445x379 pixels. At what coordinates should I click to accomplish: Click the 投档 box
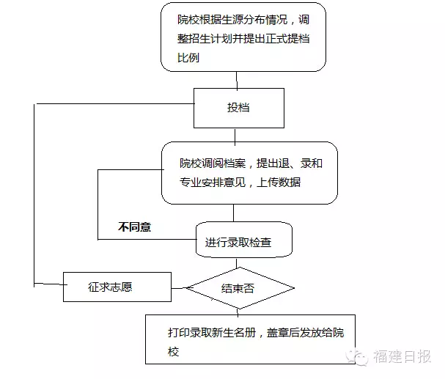pos(238,108)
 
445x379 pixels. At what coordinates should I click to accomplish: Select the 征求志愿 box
pos(117,287)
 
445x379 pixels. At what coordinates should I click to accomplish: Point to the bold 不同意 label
pos(134,227)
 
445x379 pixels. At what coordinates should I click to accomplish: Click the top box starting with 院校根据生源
pos(243,37)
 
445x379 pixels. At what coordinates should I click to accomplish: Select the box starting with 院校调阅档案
pos(249,172)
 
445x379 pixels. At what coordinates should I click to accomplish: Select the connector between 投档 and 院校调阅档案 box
pos(234,134)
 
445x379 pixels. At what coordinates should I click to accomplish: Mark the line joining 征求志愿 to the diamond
pos(179,287)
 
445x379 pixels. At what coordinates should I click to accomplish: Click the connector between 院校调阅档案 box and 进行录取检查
pos(234,213)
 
